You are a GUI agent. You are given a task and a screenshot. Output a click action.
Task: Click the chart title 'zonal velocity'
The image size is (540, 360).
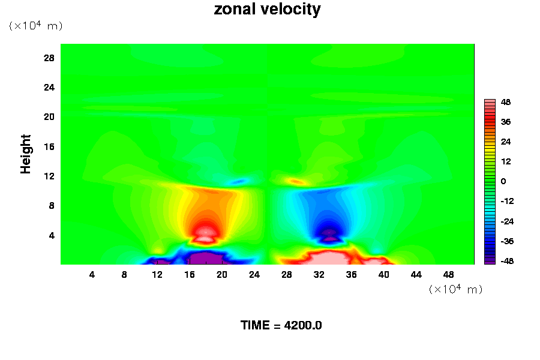point(267,10)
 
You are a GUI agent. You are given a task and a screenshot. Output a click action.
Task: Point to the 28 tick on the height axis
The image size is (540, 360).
point(49,58)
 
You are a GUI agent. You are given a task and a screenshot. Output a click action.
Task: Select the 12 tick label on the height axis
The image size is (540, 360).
point(49,176)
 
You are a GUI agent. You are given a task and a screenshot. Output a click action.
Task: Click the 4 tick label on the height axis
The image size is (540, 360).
point(52,235)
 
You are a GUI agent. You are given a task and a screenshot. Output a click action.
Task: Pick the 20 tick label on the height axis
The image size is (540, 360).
point(49,116)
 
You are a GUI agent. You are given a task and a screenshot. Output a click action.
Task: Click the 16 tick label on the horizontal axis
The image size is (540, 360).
point(190,274)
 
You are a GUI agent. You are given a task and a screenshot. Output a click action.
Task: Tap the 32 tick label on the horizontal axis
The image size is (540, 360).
point(319,274)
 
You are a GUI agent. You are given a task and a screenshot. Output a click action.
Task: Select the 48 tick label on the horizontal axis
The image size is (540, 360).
point(448,274)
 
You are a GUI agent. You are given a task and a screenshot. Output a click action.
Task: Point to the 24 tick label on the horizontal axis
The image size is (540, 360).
point(254,274)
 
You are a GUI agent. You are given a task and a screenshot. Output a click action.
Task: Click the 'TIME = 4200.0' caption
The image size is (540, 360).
point(281,325)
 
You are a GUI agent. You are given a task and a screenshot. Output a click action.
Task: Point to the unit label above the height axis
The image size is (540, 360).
point(35,26)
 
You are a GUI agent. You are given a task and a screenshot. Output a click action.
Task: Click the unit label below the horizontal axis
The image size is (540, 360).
point(455,289)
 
